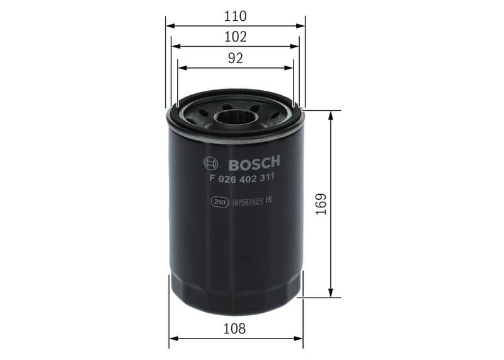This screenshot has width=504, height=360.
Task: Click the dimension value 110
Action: (235, 16)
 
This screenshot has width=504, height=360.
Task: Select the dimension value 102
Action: (235, 37)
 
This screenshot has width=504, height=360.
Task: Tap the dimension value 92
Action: (235, 59)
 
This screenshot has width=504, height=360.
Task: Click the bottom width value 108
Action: (235, 328)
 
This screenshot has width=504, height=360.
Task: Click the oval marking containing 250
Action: (219, 202)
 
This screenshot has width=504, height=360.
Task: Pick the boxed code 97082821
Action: (248, 202)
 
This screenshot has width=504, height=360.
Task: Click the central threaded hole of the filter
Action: (234, 117)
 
